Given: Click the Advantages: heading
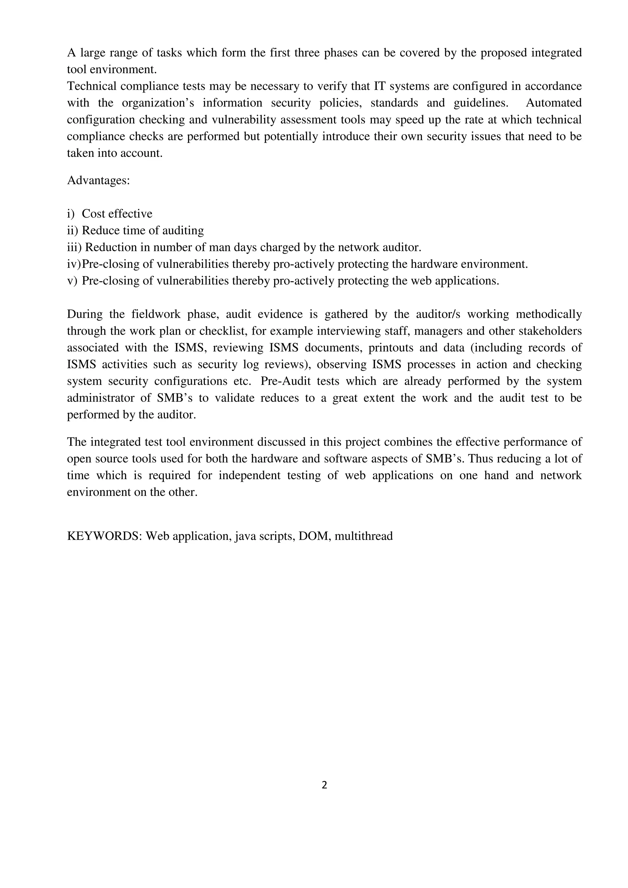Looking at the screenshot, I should click(x=98, y=180).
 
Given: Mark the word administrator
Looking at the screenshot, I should click(x=98, y=398).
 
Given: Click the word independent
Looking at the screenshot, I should click(x=250, y=475).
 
